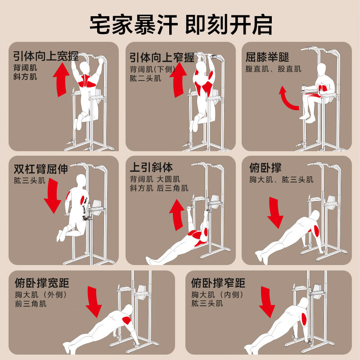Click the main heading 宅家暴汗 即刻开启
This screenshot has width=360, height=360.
point(181,25)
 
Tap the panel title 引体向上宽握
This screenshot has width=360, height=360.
point(46,56)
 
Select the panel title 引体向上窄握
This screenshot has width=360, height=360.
point(162,58)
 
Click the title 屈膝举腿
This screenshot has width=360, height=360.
point(267,57)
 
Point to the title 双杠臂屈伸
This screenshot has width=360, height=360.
point(41,169)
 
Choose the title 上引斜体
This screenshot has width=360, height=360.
point(151,167)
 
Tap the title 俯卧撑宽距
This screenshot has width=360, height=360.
point(42,283)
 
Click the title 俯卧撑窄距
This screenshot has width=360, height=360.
point(218,283)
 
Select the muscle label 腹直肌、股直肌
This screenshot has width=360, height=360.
point(273,69)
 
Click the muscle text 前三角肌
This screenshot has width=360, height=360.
point(31,304)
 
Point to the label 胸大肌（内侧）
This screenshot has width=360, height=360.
point(217,295)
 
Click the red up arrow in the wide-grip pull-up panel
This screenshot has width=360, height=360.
point(61,80)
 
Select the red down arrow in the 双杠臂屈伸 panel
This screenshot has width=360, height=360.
point(52,196)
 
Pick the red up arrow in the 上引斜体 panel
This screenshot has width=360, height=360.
point(177,215)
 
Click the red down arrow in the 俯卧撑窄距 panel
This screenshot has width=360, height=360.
point(267,302)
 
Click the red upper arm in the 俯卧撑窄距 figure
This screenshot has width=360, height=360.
point(305,319)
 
